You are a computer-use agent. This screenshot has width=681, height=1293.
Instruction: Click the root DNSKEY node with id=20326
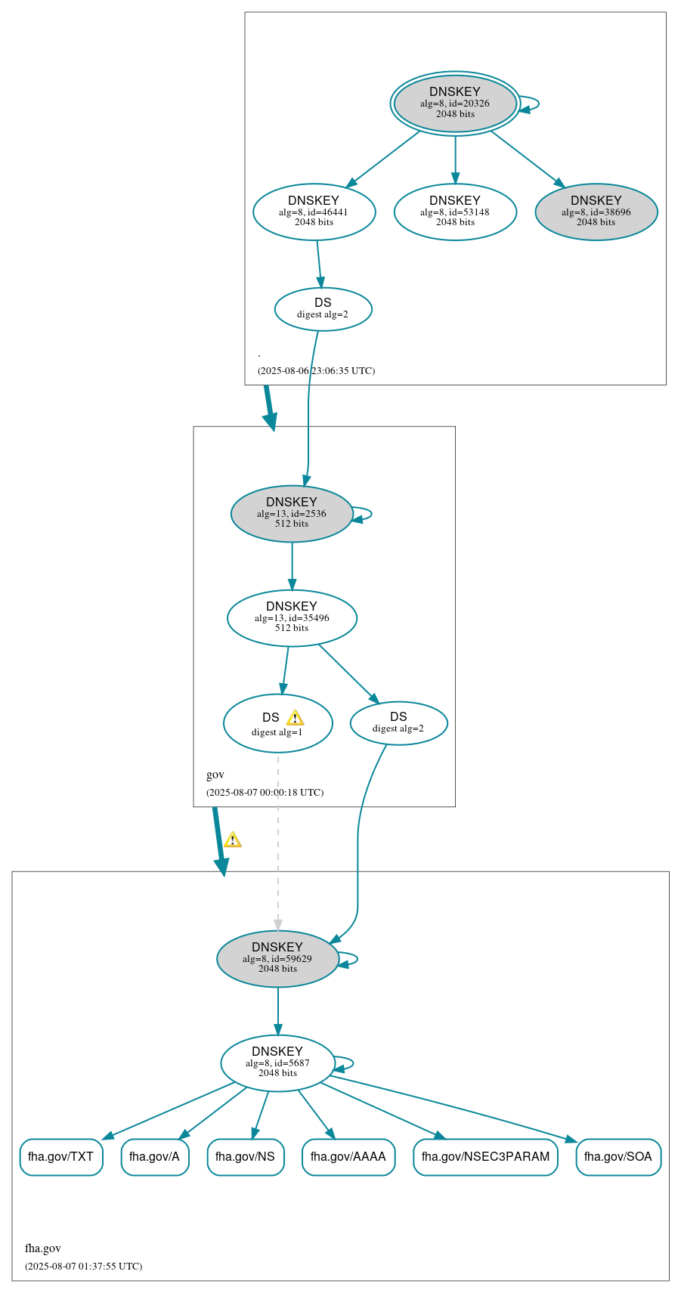click(455, 103)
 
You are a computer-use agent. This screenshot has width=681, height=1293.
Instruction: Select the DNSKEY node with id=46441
click(314, 212)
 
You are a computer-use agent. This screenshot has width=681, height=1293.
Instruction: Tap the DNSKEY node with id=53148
click(455, 212)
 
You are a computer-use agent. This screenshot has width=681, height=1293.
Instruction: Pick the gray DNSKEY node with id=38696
click(596, 212)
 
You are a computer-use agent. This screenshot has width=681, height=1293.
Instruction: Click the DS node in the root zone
click(323, 308)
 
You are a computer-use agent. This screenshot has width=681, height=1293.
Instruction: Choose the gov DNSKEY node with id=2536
click(292, 513)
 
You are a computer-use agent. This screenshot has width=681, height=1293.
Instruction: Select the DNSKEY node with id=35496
click(292, 617)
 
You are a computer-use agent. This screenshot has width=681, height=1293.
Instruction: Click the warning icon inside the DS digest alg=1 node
click(295, 718)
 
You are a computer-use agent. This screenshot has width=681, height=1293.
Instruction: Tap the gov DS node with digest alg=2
click(398, 722)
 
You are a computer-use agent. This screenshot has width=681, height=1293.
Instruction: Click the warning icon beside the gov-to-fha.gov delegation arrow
click(233, 840)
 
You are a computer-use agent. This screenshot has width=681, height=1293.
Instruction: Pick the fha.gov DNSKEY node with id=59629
click(277, 958)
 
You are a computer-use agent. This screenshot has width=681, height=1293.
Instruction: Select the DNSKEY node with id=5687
click(277, 1063)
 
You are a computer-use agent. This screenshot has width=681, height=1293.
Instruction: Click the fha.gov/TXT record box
click(61, 1156)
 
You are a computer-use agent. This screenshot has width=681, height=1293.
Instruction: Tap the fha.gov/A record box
click(155, 1156)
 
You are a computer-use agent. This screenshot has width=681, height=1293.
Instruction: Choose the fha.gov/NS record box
click(246, 1156)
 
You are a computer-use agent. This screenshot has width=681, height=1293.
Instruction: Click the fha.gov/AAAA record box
click(348, 1156)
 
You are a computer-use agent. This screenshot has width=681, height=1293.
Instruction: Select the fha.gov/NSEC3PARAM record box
click(485, 1156)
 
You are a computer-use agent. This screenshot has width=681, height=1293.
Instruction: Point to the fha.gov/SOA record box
click(618, 1156)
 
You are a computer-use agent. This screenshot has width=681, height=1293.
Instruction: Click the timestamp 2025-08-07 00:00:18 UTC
click(265, 792)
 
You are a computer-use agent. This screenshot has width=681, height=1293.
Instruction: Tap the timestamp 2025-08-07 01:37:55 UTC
click(83, 1266)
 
